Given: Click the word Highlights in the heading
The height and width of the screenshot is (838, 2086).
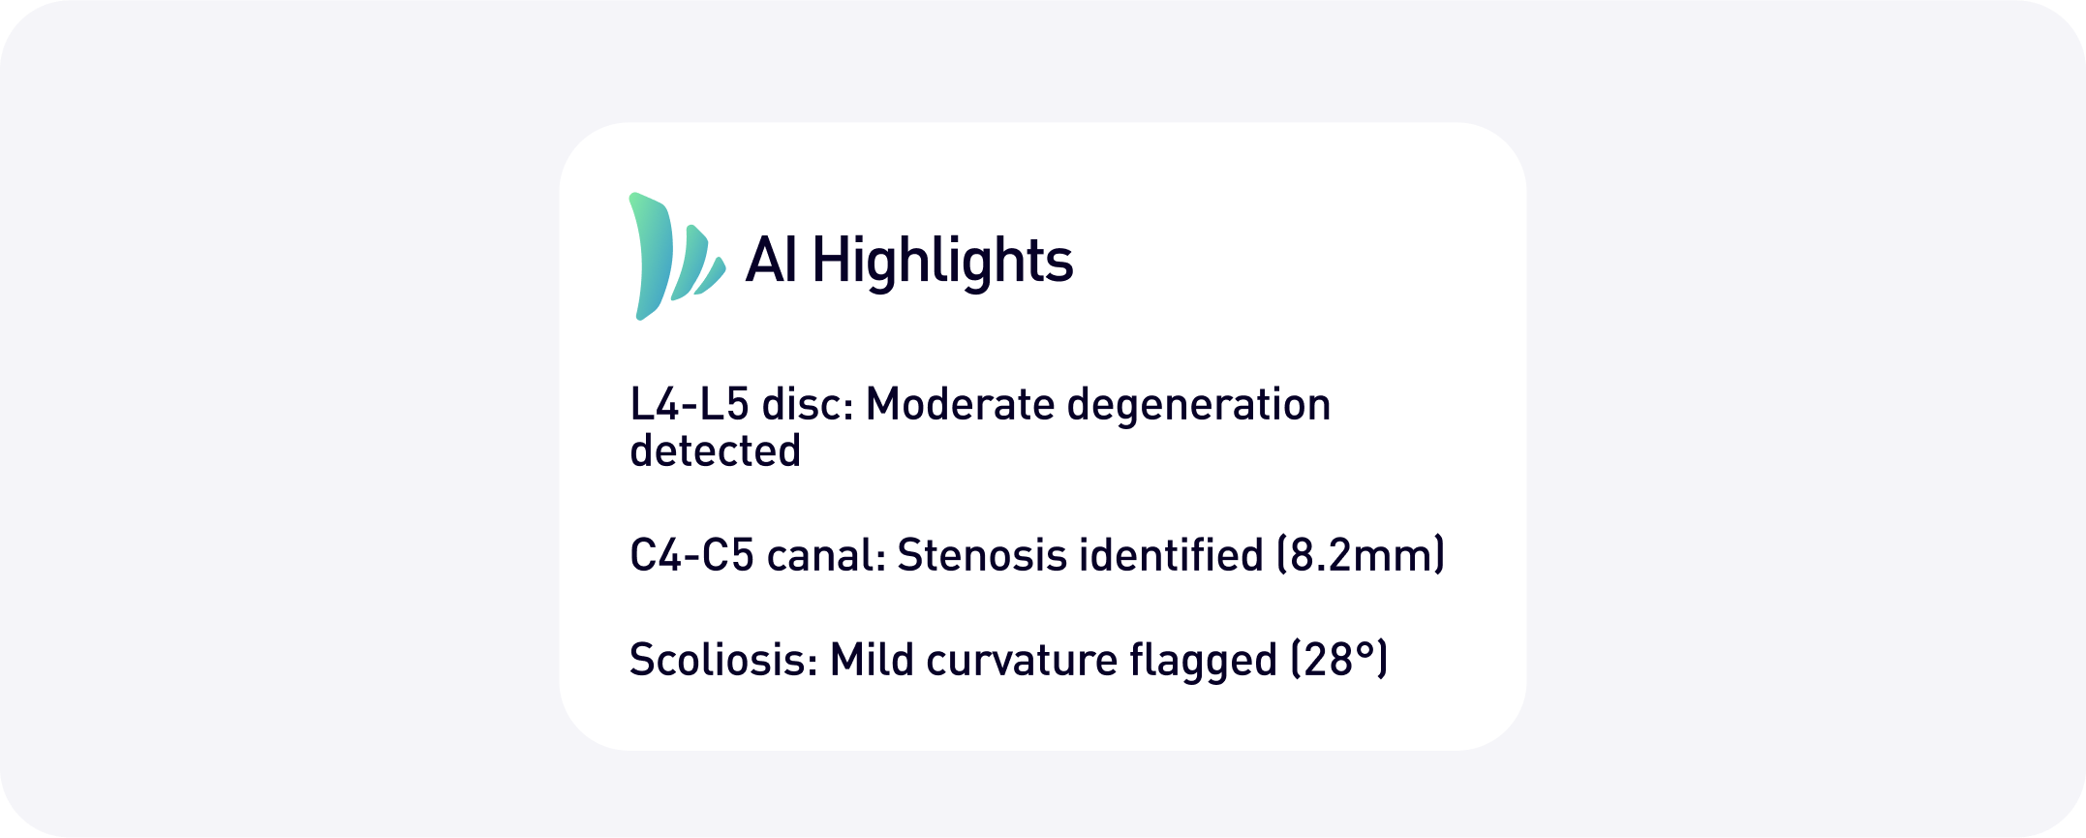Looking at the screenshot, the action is coord(942,261).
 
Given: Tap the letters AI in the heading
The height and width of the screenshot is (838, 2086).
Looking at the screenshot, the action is coord(772,260).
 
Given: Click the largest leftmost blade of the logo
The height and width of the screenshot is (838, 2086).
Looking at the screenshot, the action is coord(651,256).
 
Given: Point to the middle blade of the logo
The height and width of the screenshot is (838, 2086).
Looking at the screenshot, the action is coord(690,262).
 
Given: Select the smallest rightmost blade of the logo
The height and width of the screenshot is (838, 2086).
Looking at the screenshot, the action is coord(712,276).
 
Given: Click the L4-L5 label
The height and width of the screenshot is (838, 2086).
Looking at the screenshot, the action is coord(690,404).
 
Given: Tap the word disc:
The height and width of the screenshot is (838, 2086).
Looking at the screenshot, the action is coord(808,404).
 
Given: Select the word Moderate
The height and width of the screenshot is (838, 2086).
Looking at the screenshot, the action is coord(960,404).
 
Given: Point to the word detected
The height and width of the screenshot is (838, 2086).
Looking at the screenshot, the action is coord(716,450).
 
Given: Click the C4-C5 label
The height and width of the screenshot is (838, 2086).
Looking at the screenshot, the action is coord(691,555).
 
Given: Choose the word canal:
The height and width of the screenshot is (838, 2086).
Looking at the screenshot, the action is coord(826,555).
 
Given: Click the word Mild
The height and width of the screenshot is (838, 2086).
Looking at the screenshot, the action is coord(872,660).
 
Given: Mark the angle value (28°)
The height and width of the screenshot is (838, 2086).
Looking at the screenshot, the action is coord(1339,660).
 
